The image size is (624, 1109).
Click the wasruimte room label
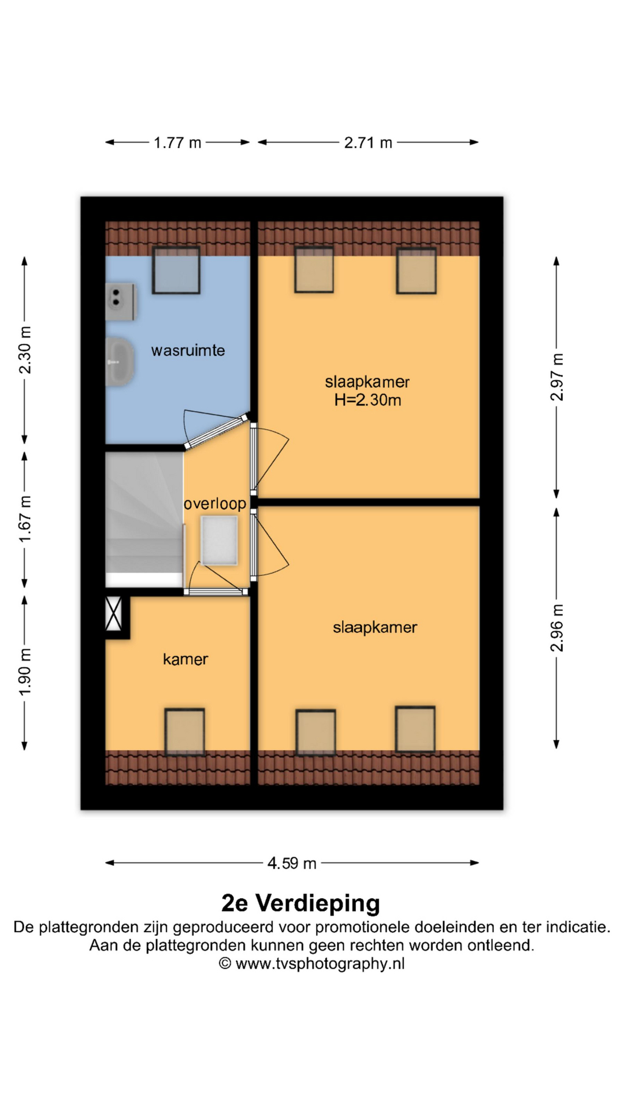pyautogui.click(x=188, y=351)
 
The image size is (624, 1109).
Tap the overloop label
pyautogui.click(x=215, y=504)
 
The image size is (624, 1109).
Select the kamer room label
pyautogui.click(x=185, y=659)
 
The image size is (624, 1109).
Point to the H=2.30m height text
pyautogui.click(x=367, y=400)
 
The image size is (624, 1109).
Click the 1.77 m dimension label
pyautogui.click(x=177, y=143)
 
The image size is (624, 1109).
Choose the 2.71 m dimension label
pyautogui.click(x=368, y=143)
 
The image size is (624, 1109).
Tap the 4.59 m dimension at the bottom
pyautogui.click(x=292, y=864)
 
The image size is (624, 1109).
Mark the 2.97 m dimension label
pyautogui.click(x=557, y=377)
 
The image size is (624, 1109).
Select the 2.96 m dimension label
pyautogui.click(x=557, y=628)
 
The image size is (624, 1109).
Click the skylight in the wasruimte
pyautogui.click(x=176, y=270)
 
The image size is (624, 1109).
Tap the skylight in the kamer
pyautogui.click(x=185, y=732)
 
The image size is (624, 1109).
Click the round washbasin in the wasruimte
pyautogui.click(x=120, y=362)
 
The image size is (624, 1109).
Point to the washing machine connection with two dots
pyautogui.click(x=121, y=302)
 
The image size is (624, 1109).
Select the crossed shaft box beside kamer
pyautogui.click(x=114, y=613)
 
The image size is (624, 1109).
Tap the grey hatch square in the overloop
pyautogui.click(x=219, y=541)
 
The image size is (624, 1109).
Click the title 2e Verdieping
pyautogui.click(x=300, y=903)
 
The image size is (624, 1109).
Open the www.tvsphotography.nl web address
pyautogui.click(x=320, y=963)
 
